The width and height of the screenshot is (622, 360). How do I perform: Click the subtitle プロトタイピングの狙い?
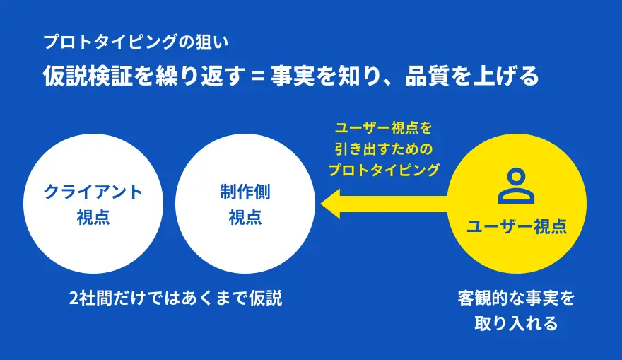(136, 42)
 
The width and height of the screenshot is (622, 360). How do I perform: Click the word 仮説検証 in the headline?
(88, 76)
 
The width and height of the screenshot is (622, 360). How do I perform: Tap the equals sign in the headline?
(258, 76)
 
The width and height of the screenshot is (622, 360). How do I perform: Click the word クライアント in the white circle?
(93, 192)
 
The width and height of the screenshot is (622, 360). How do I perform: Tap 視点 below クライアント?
(93, 218)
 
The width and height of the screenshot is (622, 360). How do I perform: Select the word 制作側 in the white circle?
(245, 192)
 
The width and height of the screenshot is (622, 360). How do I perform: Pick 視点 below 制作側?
(245, 218)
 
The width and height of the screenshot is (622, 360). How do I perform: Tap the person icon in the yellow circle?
(517, 186)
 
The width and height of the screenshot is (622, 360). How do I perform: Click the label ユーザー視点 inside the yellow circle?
(517, 226)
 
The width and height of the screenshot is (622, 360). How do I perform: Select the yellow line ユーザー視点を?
(384, 129)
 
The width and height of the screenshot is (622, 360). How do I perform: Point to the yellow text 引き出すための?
(384, 149)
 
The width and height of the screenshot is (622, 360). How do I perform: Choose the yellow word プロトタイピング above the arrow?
(384, 170)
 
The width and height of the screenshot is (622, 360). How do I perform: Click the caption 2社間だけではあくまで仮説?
(176, 298)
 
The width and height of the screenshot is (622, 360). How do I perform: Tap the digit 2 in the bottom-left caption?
(74, 298)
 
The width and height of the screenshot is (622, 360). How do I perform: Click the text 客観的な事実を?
(517, 298)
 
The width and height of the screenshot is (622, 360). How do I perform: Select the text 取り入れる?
(517, 323)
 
